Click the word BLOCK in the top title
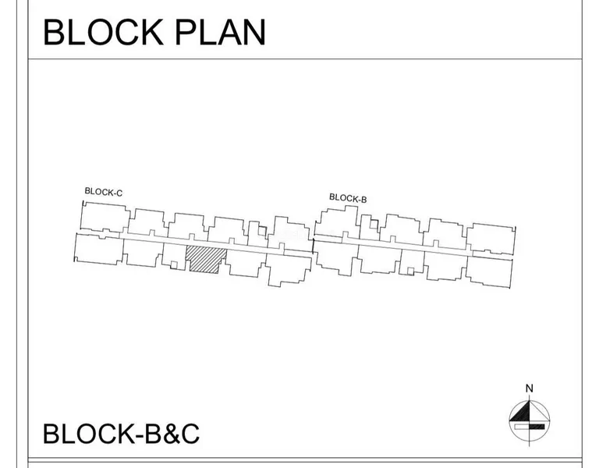[97, 32]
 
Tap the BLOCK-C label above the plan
[104, 191]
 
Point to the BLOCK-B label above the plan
[348, 198]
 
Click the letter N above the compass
[529, 388]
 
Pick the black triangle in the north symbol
[520, 411]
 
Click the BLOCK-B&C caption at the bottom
[121, 434]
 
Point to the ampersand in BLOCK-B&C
[169, 434]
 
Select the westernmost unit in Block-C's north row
[103, 217]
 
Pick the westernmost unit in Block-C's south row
[97, 249]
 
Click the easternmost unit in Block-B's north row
[491, 237]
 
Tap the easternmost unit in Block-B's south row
[489, 269]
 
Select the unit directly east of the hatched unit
[245, 264]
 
